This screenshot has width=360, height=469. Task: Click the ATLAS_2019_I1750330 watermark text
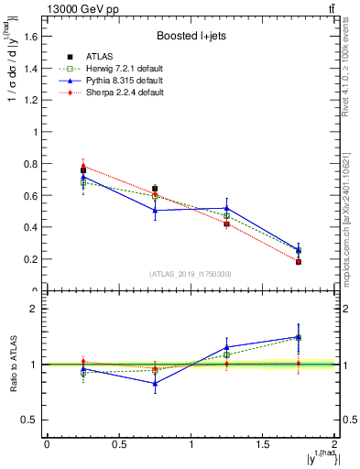(191, 273)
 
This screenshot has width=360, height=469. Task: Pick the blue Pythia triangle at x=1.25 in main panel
(227, 208)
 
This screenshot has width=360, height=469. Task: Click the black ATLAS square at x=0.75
(155, 189)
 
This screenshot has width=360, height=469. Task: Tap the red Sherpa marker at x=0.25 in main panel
(83, 166)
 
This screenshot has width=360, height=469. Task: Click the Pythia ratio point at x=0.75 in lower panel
(155, 384)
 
